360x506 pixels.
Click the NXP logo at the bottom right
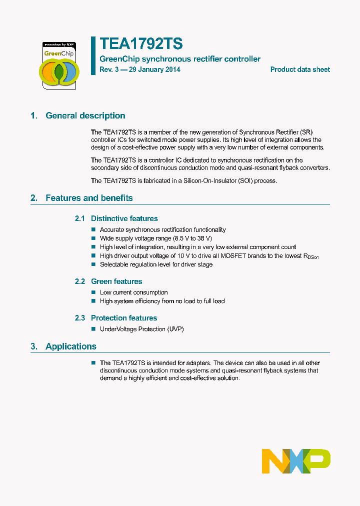pyautogui.click(x=296, y=461)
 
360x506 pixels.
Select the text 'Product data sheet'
pyautogui.click(x=300, y=70)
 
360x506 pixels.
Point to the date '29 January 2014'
pyautogui.click(x=154, y=70)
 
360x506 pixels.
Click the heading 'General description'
pyautogui.click(x=85, y=116)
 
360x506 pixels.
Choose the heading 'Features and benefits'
pyautogui.click(x=89, y=198)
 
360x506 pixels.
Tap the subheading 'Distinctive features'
pyautogui.click(x=124, y=218)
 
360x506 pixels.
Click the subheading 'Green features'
pyautogui.click(x=116, y=281)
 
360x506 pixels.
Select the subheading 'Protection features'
pyautogui.click(x=124, y=318)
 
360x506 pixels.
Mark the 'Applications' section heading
pyautogui.click(x=71, y=346)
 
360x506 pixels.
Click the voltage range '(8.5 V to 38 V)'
pyautogui.click(x=192, y=238)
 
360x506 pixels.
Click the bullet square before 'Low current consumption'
pyautogui.click(x=93, y=292)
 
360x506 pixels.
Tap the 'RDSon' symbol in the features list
pyautogui.click(x=310, y=256)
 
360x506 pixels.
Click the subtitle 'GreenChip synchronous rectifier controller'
pyautogui.click(x=180, y=59)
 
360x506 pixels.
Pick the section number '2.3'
pyautogui.click(x=80, y=318)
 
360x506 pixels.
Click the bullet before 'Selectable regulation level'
pyautogui.click(x=93, y=264)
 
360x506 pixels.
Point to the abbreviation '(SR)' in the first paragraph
pyautogui.click(x=306, y=132)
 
